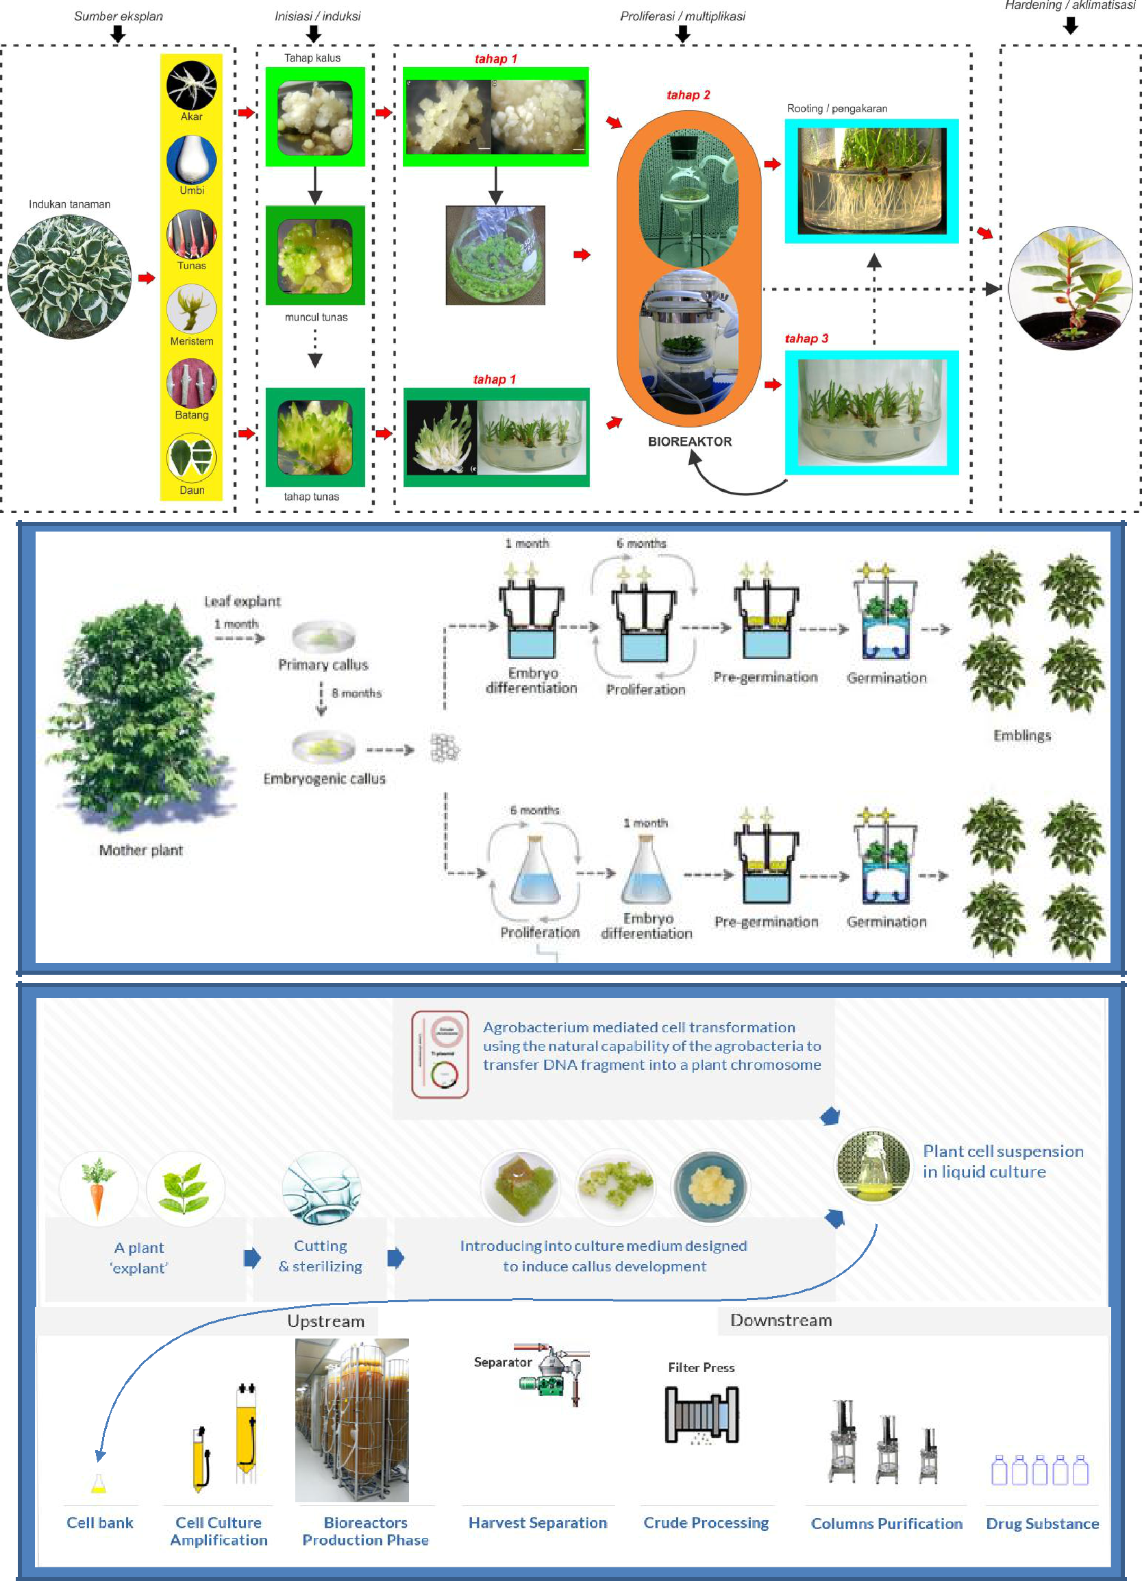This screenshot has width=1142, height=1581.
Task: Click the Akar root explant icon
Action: pyautogui.click(x=191, y=86)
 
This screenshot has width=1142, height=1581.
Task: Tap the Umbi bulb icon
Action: pyautogui.click(x=191, y=160)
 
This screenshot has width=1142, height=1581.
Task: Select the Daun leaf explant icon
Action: pyautogui.click(x=191, y=458)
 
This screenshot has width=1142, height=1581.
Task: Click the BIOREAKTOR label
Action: pyautogui.click(x=690, y=442)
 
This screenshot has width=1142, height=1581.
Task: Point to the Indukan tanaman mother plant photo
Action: pyautogui.click(x=69, y=277)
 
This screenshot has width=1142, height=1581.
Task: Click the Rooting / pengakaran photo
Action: pyautogui.click(x=871, y=182)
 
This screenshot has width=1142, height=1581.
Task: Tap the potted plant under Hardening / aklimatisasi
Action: pyautogui.click(x=1069, y=287)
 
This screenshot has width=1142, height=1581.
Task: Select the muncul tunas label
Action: pyautogui.click(x=316, y=317)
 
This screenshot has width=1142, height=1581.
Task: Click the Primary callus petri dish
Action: pyautogui.click(x=323, y=636)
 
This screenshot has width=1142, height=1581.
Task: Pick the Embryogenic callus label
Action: pyautogui.click(x=324, y=779)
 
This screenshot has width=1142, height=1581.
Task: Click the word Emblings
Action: pyautogui.click(x=1021, y=736)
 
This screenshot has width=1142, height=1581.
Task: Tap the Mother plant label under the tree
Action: pyautogui.click(x=141, y=849)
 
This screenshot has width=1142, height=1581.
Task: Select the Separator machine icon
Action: pyautogui.click(x=554, y=1375)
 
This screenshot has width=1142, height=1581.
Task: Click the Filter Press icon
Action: pyautogui.click(x=702, y=1415)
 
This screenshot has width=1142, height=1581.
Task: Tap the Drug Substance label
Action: pyautogui.click(x=1041, y=1524)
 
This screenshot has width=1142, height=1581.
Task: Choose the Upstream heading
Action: pyautogui.click(x=325, y=1321)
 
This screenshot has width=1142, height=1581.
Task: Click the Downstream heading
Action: pyautogui.click(x=781, y=1320)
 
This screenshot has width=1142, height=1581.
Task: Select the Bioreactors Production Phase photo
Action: pyautogui.click(x=352, y=1419)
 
